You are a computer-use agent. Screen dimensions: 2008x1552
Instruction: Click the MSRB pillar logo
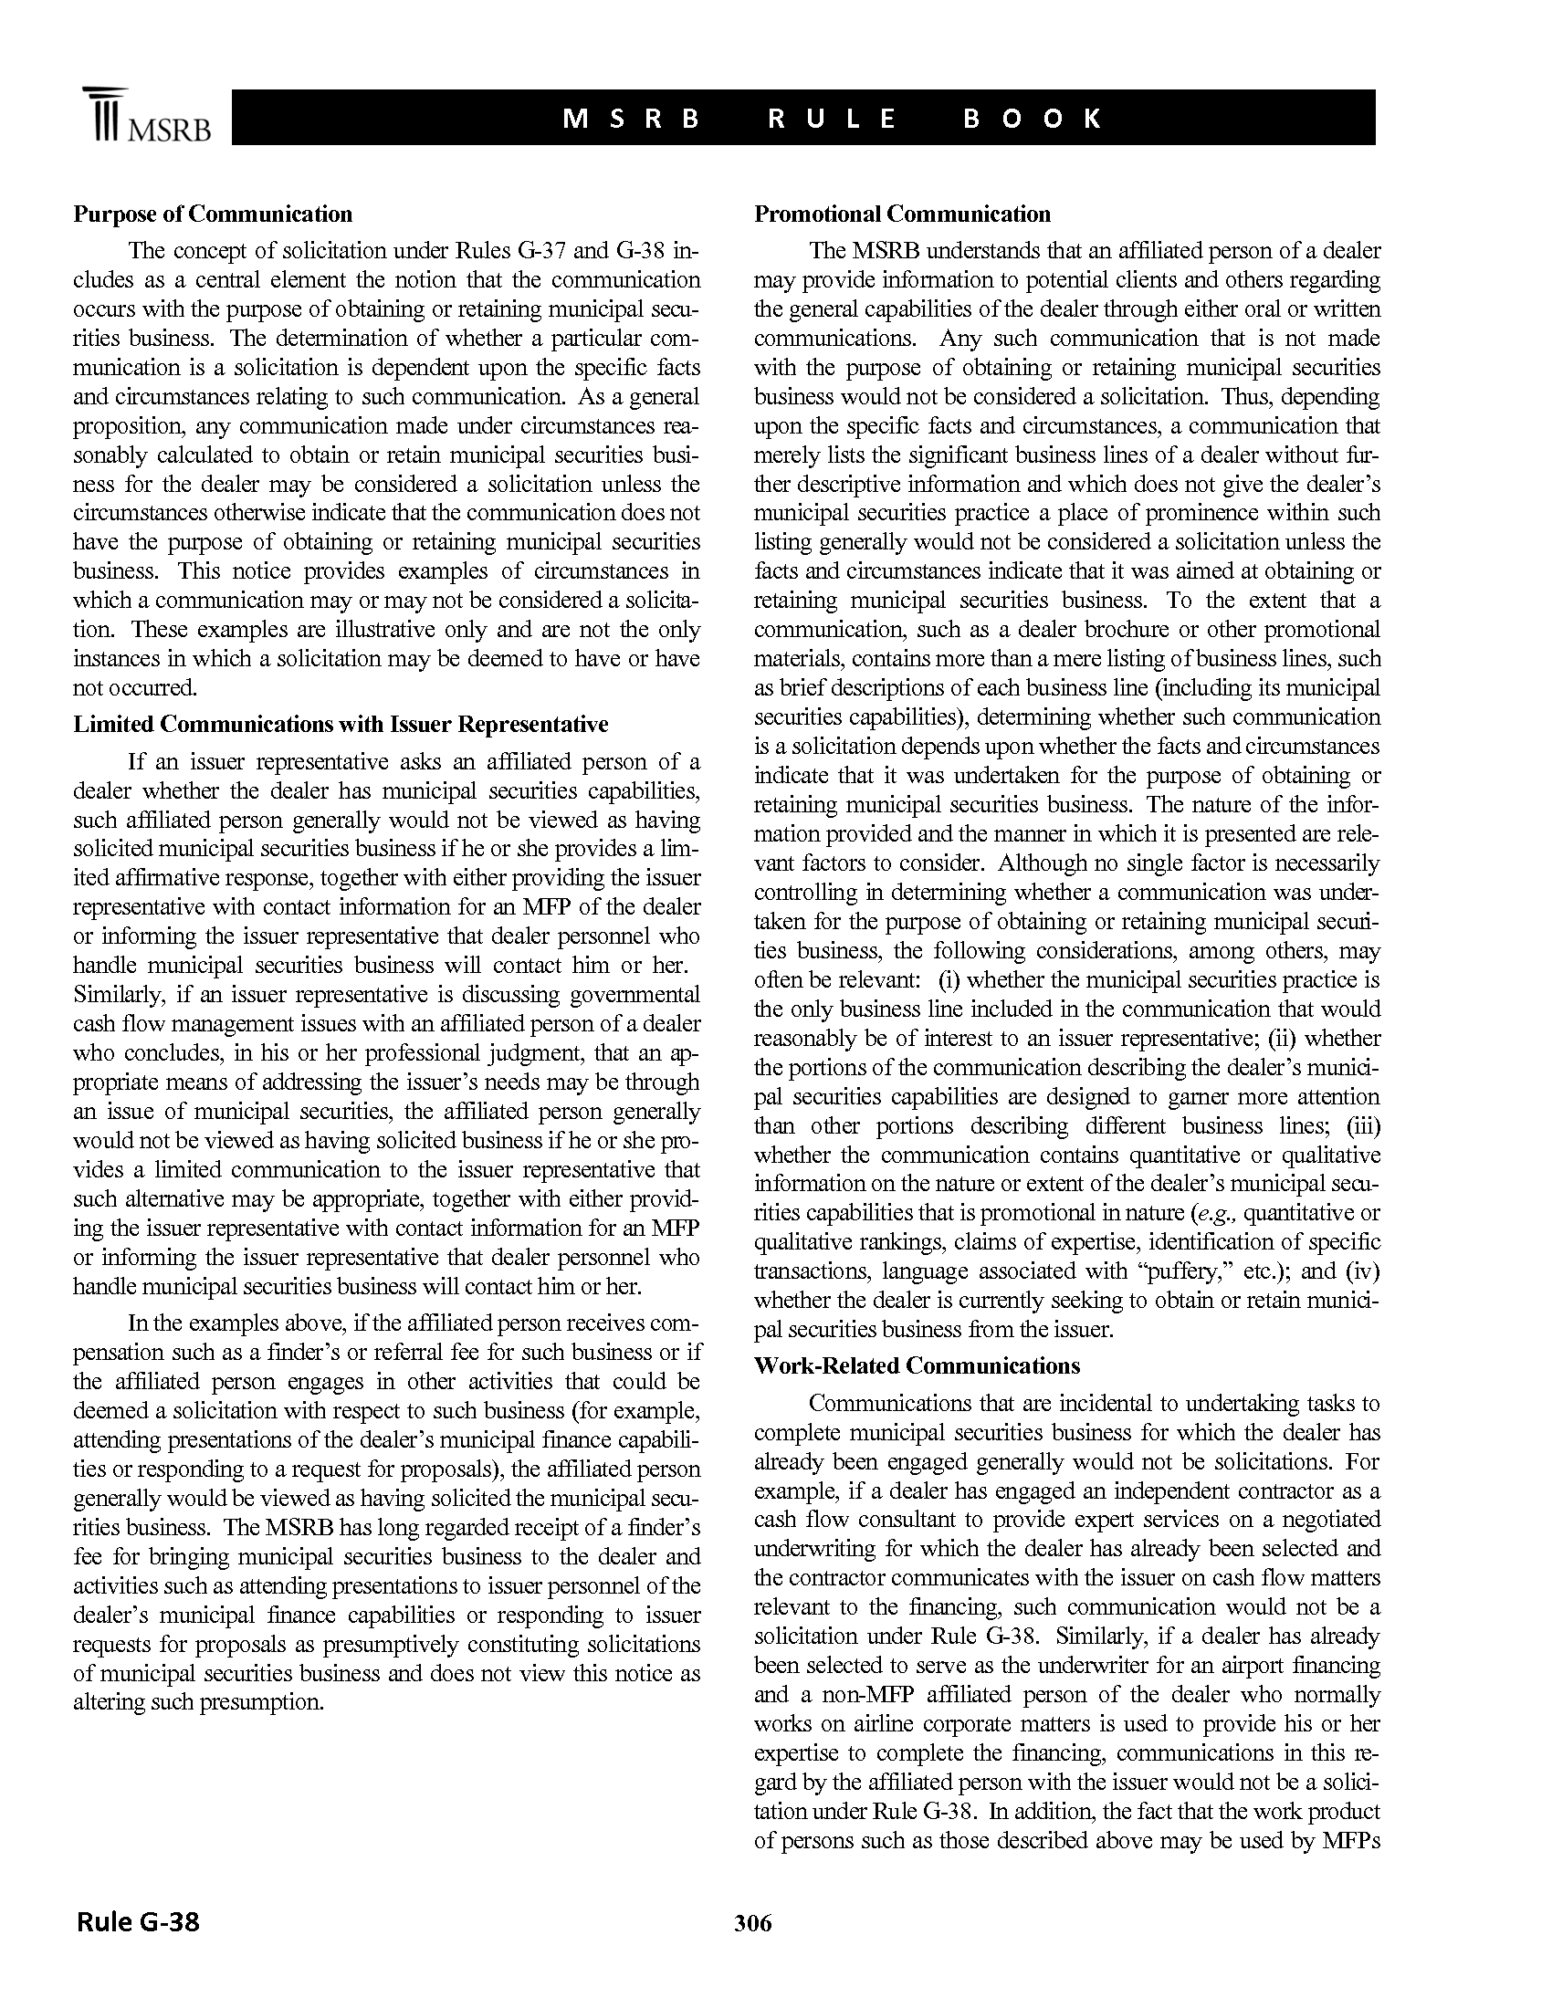click(104, 116)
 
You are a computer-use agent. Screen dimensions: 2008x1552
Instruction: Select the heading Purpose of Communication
click(213, 214)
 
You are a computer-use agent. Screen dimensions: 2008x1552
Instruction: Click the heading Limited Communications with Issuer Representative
click(341, 725)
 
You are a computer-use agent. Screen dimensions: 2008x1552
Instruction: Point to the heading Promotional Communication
click(902, 214)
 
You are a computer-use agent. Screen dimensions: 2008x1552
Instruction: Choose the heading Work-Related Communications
click(917, 1365)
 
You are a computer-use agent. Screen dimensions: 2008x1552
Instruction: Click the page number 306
click(753, 1922)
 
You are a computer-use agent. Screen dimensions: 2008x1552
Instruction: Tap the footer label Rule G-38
click(138, 1921)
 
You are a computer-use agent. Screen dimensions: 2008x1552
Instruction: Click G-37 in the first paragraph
click(527, 251)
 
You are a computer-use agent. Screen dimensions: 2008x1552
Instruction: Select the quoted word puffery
click(1199, 1271)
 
